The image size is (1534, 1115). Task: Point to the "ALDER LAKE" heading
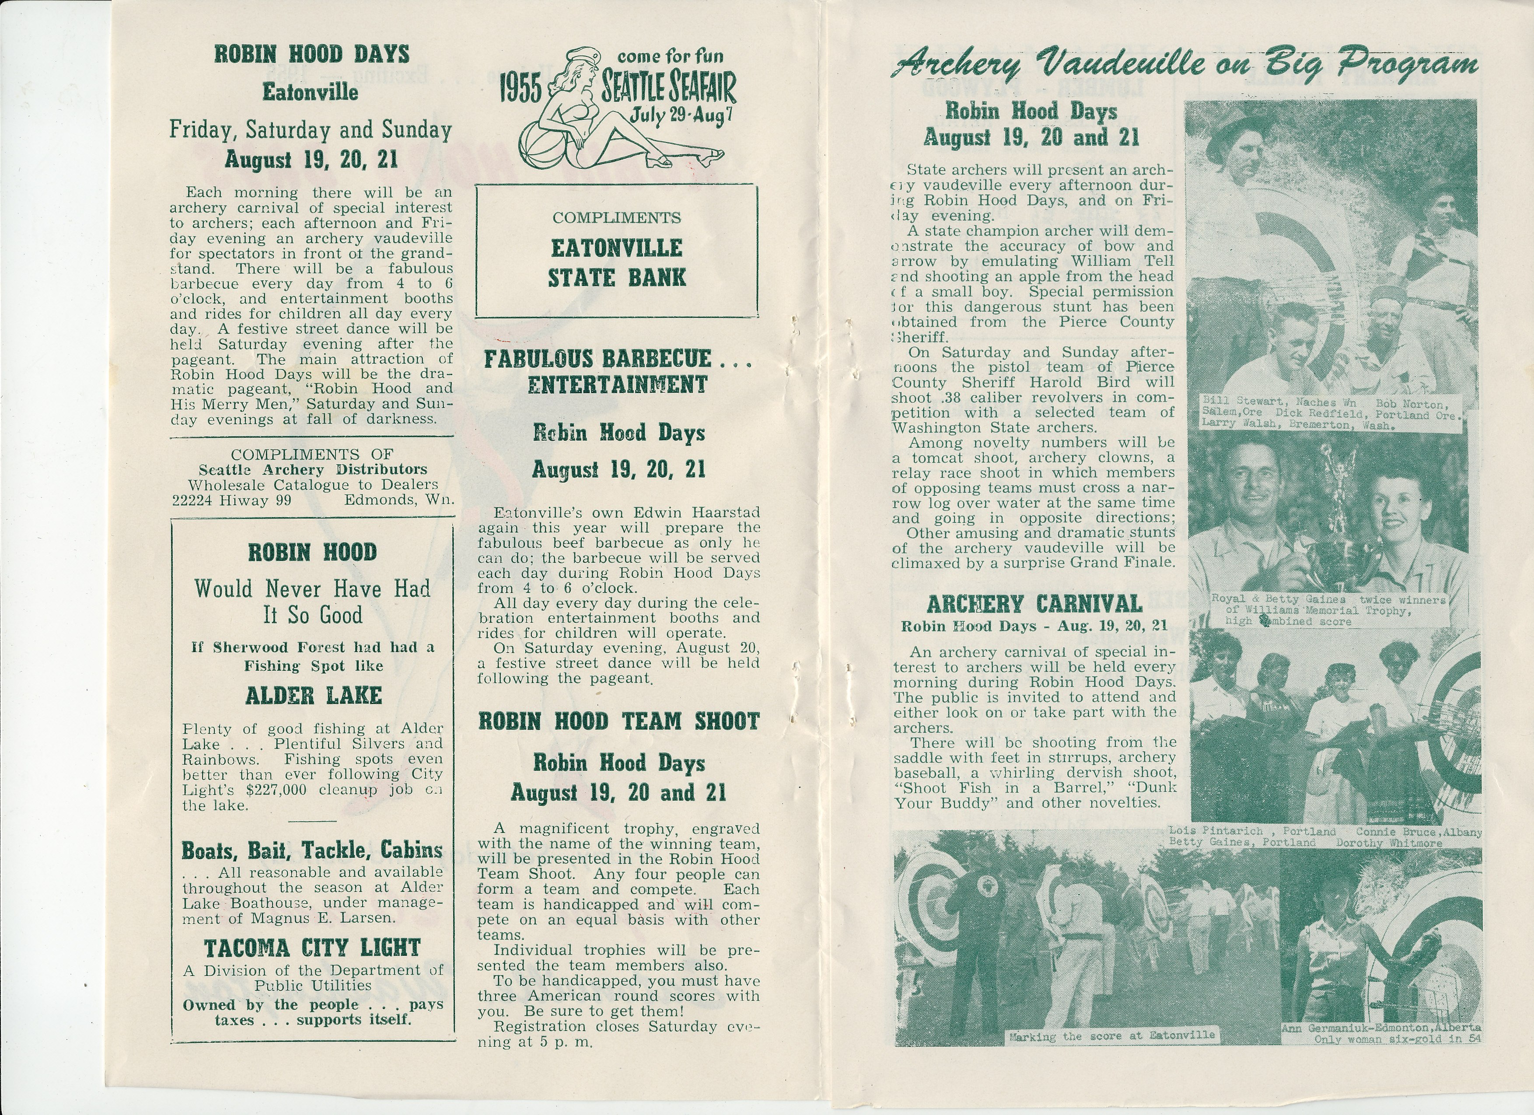point(313,696)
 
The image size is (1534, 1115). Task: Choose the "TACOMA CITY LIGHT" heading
point(312,948)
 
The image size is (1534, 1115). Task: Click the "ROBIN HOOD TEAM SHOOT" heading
point(619,721)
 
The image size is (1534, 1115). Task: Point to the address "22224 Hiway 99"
point(231,500)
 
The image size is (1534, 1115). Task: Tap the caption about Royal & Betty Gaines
point(1327,610)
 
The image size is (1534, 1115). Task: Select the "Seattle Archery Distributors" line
point(312,469)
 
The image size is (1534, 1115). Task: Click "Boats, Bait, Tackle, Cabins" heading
point(312,850)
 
